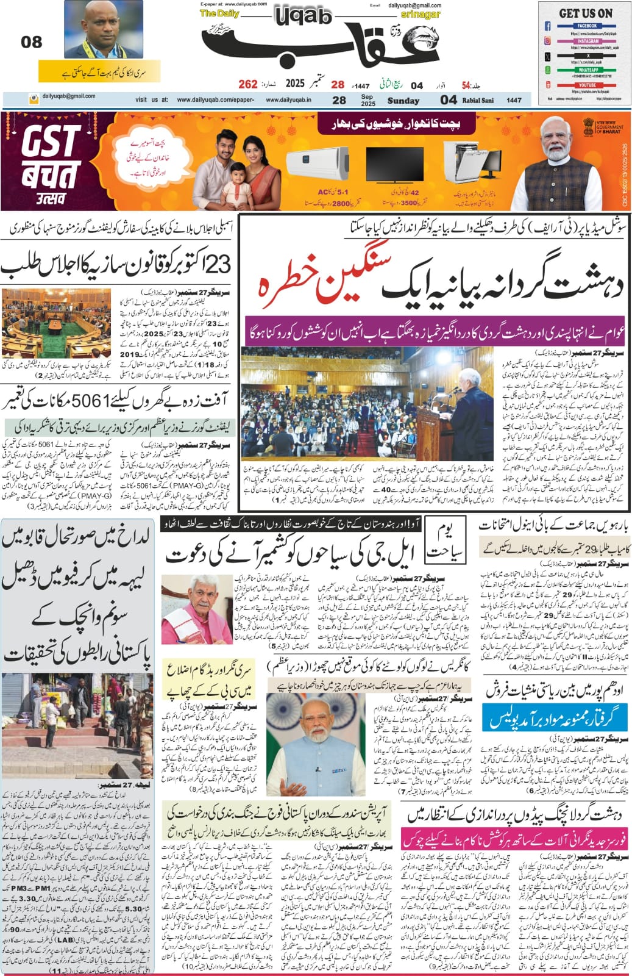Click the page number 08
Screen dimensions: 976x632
click(x=32, y=42)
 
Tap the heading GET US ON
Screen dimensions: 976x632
click(x=585, y=13)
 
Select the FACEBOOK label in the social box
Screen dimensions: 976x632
click(x=586, y=26)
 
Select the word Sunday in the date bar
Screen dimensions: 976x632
click(x=403, y=101)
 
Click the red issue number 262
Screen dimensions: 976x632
click(x=248, y=84)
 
